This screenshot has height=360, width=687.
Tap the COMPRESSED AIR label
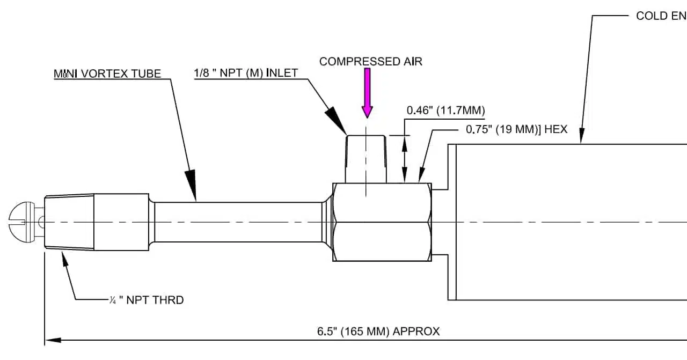pos(370,62)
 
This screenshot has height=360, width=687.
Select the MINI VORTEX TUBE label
pos(107,74)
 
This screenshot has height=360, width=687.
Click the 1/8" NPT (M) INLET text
pos(246,73)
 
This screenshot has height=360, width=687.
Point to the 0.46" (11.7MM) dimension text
pos(445,111)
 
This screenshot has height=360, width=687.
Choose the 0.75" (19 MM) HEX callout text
pos(516,129)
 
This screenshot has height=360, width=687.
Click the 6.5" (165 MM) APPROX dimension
pos(378,331)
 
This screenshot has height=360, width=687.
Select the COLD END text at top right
pos(660,16)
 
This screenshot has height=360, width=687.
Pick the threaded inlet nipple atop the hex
pos(366,159)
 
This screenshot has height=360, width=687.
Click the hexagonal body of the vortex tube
pos(382,222)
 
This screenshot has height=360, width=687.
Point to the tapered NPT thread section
pos(70,222)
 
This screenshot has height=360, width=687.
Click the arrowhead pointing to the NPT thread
pos(66,260)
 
